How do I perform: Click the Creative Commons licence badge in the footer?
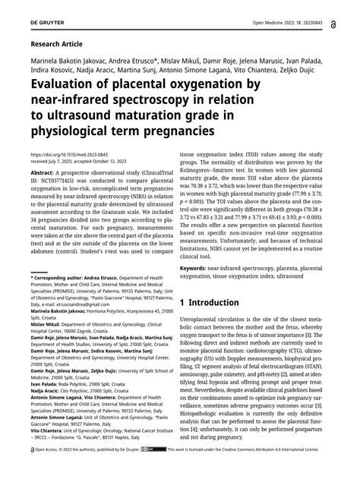157,471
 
